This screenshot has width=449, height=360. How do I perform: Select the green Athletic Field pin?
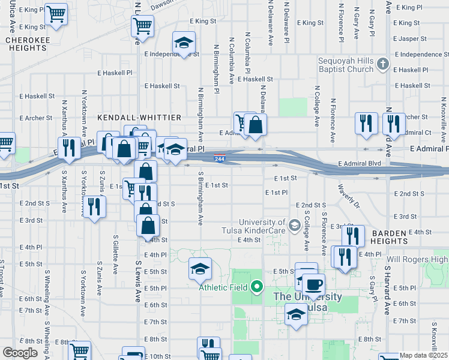[257, 286]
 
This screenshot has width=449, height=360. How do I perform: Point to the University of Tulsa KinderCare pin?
[294, 226]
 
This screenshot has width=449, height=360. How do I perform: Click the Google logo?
[20, 352]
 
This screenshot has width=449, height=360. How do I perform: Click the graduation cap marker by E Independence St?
[184, 43]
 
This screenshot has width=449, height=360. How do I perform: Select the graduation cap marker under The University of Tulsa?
[296, 314]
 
